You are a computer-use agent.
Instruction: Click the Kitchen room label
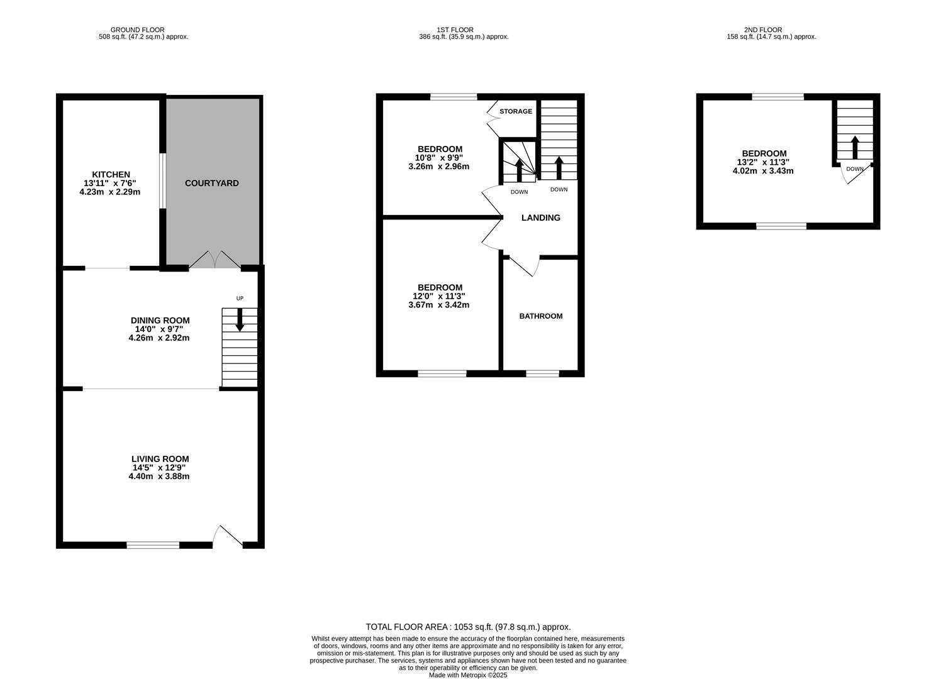tap(111, 174)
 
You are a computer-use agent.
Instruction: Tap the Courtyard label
tap(212, 183)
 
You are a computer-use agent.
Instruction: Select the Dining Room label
tap(160, 320)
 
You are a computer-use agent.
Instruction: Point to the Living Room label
tap(160, 459)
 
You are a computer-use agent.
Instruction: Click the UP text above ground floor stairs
tap(240, 298)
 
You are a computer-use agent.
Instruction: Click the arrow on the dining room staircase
tap(240, 319)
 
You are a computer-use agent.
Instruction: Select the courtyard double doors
tap(214, 260)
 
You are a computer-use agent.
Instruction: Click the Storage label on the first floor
tap(516, 111)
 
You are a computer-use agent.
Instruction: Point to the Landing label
tap(540, 218)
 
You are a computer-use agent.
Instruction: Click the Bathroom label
tap(540, 316)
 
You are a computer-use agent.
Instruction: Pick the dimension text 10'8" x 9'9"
tap(439, 158)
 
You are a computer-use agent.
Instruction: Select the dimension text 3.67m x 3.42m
tap(439, 305)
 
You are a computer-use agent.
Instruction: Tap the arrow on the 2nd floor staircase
tap(854, 146)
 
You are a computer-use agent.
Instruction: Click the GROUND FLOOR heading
tap(137, 30)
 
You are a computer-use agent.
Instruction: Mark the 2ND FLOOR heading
tap(762, 30)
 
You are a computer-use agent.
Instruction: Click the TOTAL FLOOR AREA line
tap(468, 627)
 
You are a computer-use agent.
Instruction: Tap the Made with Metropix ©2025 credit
tap(468, 675)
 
